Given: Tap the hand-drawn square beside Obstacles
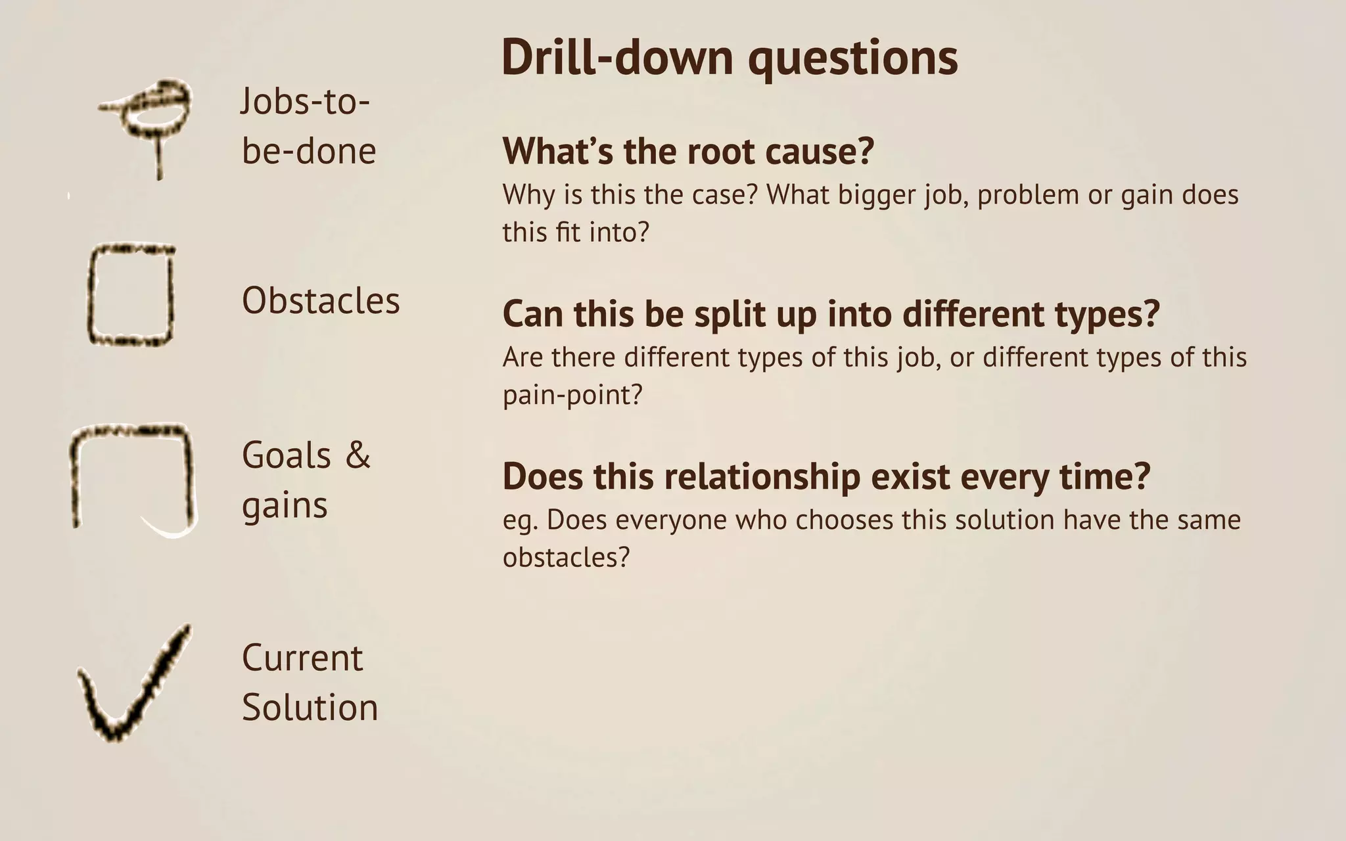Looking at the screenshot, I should [131, 295].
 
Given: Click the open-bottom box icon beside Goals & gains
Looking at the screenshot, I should [133, 476].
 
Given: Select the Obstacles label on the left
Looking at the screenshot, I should [321, 301].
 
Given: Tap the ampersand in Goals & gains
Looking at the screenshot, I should [358, 455].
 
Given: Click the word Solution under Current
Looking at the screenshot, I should [310, 707].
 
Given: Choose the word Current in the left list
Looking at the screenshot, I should [302, 658].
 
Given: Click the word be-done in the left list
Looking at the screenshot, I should [309, 151].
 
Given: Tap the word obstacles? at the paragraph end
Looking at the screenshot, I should [566, 558].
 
